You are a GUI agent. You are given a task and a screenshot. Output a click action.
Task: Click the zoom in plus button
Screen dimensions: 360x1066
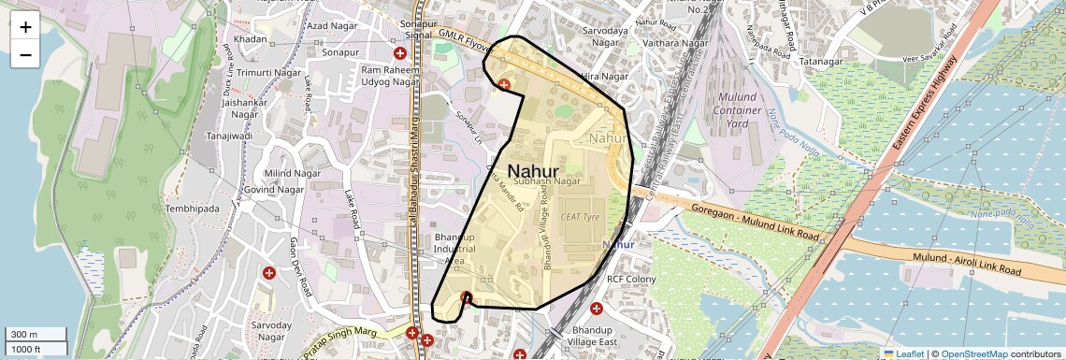pyautogui.click(x=25, y=27)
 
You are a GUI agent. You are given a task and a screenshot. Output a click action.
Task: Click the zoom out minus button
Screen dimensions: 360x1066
pyautogui.click(x=25, y=55)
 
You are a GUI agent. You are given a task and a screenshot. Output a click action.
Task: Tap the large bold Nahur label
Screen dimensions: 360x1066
pyautogui.click(x=533, y=171)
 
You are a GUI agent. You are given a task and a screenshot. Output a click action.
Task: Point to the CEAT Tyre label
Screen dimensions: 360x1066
pyautogui.click(x=579, y=216)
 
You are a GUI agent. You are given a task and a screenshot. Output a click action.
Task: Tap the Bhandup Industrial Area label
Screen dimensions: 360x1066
pyautogui.click(x=455, y=250)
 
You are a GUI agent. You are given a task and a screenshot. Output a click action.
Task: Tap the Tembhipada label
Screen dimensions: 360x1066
pyautogui.click(x=192, y=208)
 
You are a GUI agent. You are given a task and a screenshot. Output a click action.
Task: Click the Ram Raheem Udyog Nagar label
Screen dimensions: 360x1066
pyautogui.click(x=388, y=77)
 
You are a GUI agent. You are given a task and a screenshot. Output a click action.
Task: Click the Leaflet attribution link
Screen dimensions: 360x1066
pyautogui.click(x=903, y=353)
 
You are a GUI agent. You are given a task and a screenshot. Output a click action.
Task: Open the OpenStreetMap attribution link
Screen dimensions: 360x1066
pyautogui.click(x=973, y=353)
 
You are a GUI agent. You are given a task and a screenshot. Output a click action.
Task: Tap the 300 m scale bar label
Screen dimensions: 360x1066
pyautogui.click(x=25, y=335)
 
